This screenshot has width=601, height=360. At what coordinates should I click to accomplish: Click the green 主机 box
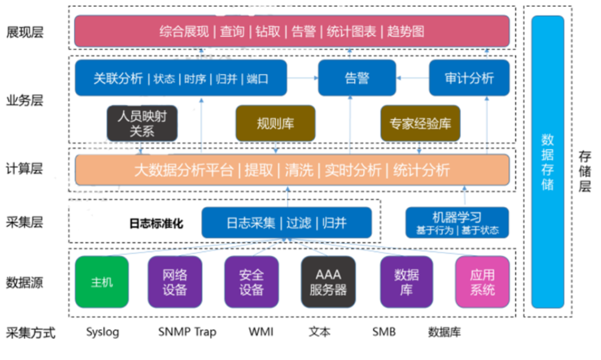102,282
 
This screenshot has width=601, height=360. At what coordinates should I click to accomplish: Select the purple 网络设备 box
175,282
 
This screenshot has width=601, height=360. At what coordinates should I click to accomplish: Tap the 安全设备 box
251,282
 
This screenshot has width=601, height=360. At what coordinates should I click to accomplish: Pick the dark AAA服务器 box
328,282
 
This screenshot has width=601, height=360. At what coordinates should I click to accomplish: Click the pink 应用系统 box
482,282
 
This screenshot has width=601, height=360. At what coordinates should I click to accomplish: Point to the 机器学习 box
457,222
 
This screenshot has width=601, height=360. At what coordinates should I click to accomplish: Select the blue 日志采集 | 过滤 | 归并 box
286,222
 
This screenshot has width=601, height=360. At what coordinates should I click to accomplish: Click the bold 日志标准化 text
156,224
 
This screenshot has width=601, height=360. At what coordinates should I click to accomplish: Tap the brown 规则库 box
275,124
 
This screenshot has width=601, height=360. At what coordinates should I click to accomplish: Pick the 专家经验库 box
420,124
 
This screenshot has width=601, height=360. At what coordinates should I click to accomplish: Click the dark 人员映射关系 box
143,123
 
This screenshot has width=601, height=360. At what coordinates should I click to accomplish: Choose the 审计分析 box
469,78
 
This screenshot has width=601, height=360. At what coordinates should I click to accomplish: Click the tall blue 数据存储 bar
548,162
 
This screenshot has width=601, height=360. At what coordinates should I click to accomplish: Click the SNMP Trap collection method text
187,332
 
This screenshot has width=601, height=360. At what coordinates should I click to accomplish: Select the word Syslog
102,332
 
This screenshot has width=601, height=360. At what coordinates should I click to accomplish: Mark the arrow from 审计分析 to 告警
412,78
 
